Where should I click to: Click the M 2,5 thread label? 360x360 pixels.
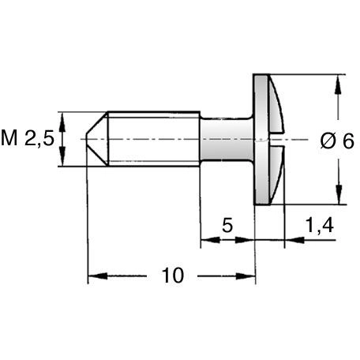28,139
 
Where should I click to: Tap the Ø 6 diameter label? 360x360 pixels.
337,141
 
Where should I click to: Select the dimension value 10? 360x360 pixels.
172,276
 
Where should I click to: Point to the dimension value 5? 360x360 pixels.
227,225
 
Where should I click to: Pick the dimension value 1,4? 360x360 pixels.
319,225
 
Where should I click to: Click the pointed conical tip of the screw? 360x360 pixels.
97,139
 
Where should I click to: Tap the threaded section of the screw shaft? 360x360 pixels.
154,139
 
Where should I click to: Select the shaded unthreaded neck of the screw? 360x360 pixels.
227,139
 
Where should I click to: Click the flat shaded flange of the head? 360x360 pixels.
261,139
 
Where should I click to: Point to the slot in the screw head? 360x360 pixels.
277,139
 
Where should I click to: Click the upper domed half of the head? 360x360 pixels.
276,105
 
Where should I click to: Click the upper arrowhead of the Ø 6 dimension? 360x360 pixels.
338,84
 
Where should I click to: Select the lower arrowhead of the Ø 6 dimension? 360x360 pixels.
339,195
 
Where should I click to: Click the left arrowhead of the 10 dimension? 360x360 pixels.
98,276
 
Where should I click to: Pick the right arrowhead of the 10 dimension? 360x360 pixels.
246,276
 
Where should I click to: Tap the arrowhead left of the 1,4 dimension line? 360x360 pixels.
294,240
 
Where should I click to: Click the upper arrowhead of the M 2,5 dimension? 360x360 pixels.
62,122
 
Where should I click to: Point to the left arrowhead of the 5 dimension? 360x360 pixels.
210,240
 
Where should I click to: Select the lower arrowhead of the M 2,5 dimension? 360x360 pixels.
62,156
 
